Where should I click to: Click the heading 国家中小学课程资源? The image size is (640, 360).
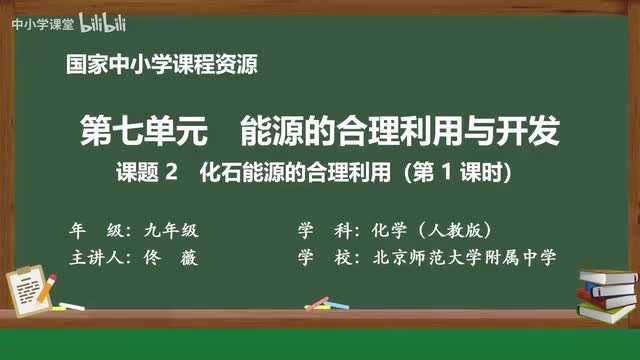coord(161,67)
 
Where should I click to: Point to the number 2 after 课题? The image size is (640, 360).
coord(171,172)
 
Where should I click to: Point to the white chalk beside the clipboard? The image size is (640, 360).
coord(71,305)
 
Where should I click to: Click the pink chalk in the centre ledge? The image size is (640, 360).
coord(318,304)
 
